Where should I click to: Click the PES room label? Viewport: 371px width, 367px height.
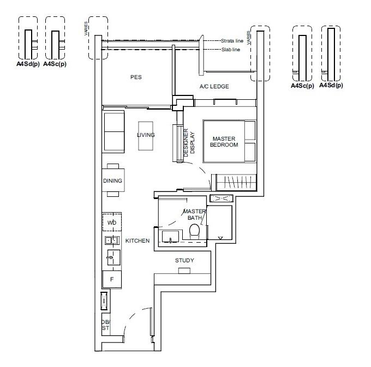click(x=136, y=77)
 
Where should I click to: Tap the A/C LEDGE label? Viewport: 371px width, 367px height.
click(x=214, y=86)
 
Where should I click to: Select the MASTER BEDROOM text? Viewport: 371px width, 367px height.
click(x=224, y=142)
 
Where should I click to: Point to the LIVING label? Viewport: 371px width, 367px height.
click(x=146, y=135)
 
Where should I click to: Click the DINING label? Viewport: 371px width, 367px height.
click(x=112, y=181)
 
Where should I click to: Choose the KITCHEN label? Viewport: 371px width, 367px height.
click(x=137, y=240)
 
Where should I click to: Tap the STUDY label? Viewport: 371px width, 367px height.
click(x=184, y=260)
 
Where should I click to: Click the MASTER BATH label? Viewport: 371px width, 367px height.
click(x=194, y=215)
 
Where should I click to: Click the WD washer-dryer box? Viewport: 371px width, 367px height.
click(x=111, y=223)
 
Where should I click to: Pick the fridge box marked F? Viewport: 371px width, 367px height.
click(x=112, y=279)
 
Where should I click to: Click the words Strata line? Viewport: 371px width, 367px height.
click(x=232, y=41)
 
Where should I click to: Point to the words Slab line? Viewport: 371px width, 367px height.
click(x=232, y=50)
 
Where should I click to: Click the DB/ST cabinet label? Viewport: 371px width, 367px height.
click(x=105, y=325)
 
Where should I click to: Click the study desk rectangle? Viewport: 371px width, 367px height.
click(x=184, y=270)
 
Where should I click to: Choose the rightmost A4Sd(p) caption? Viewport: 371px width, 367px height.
click(x=331, y=85)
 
